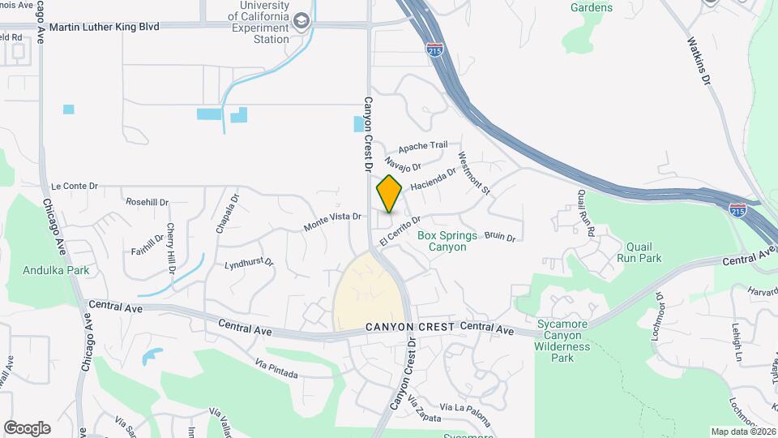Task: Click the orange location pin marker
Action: [389, 194]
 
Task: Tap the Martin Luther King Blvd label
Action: [105, 26]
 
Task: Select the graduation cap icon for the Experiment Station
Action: [301, 21]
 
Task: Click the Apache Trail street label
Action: [421, 147]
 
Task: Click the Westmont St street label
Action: [474, 174]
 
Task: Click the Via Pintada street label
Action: [276, 369]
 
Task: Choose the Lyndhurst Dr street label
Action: [249, 264]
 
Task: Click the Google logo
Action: [27, 428]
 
